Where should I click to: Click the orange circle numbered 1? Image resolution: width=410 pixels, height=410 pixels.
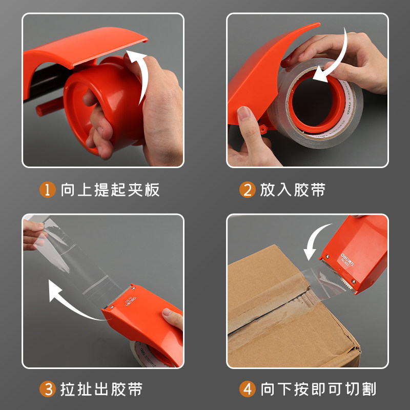click(47, 190)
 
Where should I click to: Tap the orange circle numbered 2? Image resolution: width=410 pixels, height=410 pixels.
click(247, 190)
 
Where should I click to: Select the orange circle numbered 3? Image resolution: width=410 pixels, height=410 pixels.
click(47, 389)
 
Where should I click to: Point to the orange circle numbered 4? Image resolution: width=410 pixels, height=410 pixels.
click(247, 389)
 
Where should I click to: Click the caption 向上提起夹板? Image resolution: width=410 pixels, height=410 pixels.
click(110, 190)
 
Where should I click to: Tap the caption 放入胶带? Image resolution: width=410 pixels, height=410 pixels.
click(293, 190)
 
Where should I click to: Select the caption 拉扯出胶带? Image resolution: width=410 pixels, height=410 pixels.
click(101, 389)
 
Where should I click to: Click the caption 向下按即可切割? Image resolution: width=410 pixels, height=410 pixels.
click(318, 389)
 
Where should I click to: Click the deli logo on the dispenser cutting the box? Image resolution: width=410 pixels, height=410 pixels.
click(347, 259)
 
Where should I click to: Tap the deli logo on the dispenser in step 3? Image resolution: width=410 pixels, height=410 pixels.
click(131, 301)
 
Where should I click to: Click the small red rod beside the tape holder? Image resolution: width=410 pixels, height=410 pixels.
click(50, 106)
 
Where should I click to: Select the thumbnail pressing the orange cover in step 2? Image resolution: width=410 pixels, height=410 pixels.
click(244, 113)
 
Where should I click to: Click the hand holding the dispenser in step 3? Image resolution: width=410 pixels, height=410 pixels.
click(173, 318)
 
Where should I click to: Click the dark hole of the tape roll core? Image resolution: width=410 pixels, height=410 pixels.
click(312, 102)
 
